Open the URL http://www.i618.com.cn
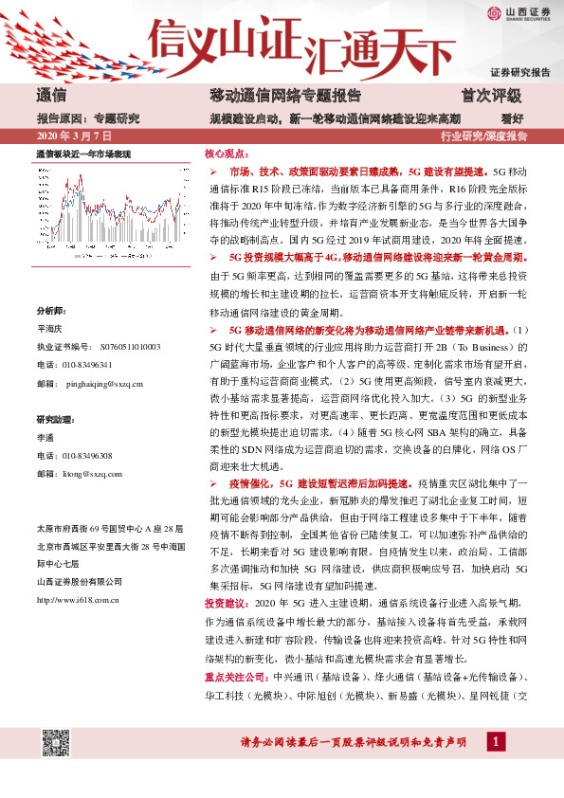point(77,572)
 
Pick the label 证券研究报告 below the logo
point(520,72)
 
